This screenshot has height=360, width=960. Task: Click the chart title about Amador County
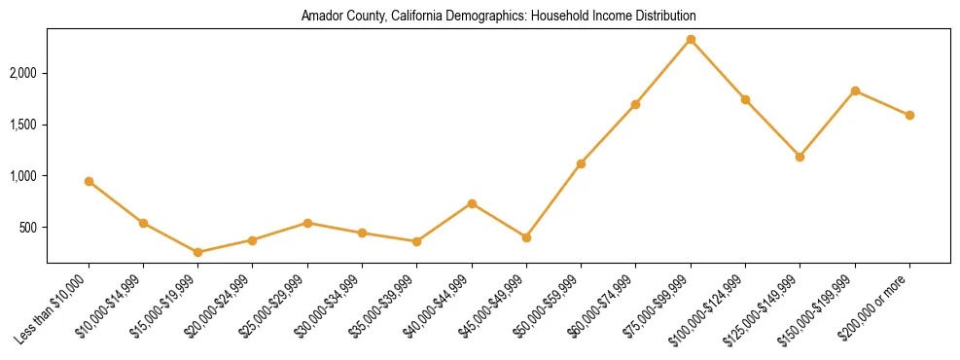click(x=498, y=17)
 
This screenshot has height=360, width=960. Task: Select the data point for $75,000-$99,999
click(x=691, y=39)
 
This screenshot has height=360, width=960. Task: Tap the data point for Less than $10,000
click(x=89, y=181)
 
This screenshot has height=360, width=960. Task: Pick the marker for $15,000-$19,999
click(x=198, y=252)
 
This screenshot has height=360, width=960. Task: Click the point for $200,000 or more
click(x=909, y=115)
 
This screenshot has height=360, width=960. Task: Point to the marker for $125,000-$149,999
click(x=800, y=157)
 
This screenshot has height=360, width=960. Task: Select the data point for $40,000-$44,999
click(x=472, y=203)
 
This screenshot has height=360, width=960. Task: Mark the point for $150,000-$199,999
click(x=855, y=90)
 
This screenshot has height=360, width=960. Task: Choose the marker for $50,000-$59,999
click(x=581, y=163)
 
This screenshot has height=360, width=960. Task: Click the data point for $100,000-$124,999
click(x=745, y=99)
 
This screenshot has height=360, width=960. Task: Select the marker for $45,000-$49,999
click(x=526, y=237)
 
